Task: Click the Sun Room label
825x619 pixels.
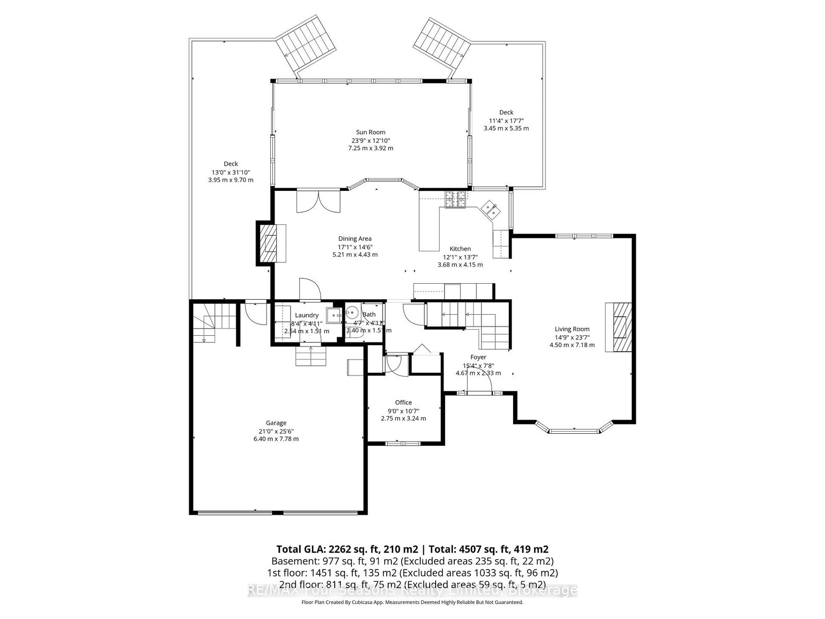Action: [x=370, y=132]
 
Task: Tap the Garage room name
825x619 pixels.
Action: [x=276, y=423]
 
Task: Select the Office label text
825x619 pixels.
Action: [x=403, y=402]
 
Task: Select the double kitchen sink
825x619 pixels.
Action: [x=490, y=209]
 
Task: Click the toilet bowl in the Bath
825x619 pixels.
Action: [x=353, y=313]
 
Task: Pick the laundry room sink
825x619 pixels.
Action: [x=334, y=314]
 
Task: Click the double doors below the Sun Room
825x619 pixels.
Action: [x=319, y=201]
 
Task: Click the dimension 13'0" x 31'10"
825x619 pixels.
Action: [x=230, y=172]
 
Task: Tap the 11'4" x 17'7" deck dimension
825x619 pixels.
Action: [x=506, y=120]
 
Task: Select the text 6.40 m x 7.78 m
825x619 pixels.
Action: [x=276, y=439]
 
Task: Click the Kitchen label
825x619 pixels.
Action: [x=459, y=249]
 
